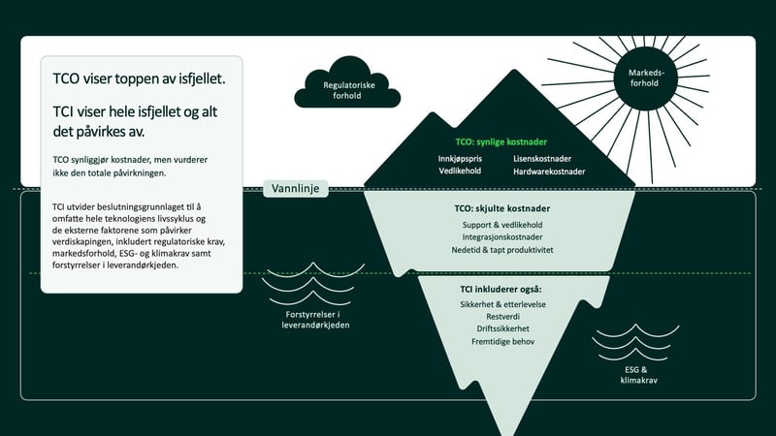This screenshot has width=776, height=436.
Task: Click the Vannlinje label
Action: (x=296, y=188)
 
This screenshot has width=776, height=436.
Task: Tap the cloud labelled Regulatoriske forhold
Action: (x=347, y=83)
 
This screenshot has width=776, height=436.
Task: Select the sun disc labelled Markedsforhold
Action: (x=645, y=78)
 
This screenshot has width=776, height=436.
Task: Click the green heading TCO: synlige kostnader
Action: (x=501, y=141)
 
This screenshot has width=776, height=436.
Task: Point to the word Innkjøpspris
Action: (x=460, y=159)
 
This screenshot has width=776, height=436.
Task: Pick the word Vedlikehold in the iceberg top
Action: (x=460, y=171)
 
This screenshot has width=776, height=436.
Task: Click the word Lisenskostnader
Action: (x=542, y=159)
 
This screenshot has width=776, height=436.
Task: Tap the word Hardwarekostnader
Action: (x=549, y=171)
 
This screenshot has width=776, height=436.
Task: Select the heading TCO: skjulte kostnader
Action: (x=501, y=208)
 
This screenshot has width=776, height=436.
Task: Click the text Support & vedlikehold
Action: (x=502, y=225)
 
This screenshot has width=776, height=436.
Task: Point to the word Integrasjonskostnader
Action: (x=502, y=237)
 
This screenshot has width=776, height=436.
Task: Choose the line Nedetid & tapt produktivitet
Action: (x=502, y=250)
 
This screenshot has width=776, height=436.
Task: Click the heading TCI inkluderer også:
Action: (x=501, y=289)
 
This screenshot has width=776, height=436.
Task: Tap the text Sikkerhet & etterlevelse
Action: (x=502, y=304)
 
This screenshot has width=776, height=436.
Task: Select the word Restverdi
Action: (x=502, y=317)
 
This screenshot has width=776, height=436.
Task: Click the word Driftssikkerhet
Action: (x=502, y=328)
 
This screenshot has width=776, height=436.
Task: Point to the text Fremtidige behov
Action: (x=502, y=342)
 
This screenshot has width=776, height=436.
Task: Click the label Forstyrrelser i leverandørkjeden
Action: (x=315, y=320)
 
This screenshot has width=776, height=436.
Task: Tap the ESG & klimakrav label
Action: (x=638, y=375)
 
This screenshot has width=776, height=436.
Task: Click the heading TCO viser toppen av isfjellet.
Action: (x=139, y=78)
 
